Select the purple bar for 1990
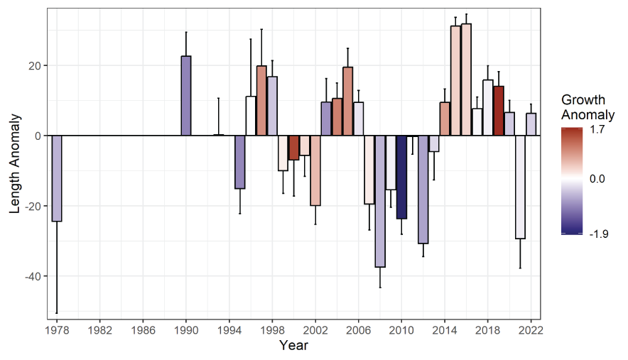tap(186, 96)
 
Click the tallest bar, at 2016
tap(466, 80)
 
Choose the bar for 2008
tap(380, 201)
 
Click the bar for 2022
tap(531, 124)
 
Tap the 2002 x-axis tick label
tap(315, 331)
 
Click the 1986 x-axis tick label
tap(143, 331)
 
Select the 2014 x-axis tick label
tap(445, 331)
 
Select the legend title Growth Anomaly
tap(588, 107)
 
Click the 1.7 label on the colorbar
tap(597, 130)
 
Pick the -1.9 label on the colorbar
tap(600, 233)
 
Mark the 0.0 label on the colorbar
tap(598, 180)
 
